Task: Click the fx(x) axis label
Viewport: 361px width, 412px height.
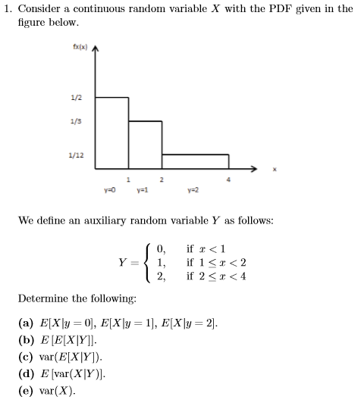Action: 78,47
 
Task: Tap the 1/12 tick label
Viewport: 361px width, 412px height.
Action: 76,156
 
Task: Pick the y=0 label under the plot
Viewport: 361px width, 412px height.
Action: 109,189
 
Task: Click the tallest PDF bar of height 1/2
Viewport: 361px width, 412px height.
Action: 112,133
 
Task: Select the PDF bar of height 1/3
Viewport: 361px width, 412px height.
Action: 144,144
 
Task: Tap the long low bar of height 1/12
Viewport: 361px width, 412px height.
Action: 194,161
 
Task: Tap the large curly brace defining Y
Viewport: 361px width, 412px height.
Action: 143,262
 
